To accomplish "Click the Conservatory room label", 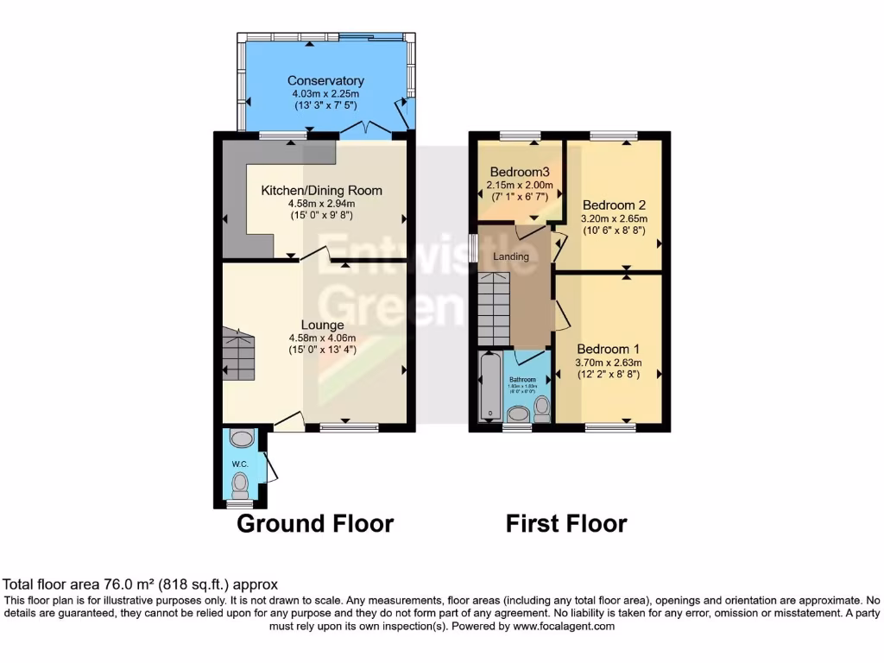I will point(325,81).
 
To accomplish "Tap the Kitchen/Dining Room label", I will point(322,191).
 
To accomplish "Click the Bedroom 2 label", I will point(615,205).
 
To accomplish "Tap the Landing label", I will point(511,256).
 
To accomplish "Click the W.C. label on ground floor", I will point(239,464).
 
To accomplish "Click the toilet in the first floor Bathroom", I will point(542,407).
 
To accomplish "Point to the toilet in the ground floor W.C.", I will point(240,483).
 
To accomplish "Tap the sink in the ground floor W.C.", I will point(242,439).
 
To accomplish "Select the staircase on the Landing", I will point(495,307).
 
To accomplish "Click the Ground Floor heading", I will point(315,523).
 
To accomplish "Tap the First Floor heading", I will point(566,523).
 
